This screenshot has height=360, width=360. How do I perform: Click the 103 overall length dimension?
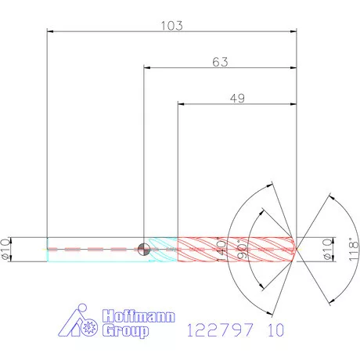point(171,26)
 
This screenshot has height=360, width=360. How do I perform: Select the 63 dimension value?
point(220,62)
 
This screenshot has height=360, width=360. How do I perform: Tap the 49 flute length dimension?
point(237,99)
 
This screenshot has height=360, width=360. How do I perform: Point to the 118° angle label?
point(354,250)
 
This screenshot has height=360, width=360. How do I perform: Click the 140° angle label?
point(221,249)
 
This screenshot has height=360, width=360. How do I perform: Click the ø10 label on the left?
point(5,249)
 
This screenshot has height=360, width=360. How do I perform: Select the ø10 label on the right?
point(328,249)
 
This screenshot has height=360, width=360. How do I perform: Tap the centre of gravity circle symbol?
point(143,250)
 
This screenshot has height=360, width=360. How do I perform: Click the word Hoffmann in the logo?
point(139,316)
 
